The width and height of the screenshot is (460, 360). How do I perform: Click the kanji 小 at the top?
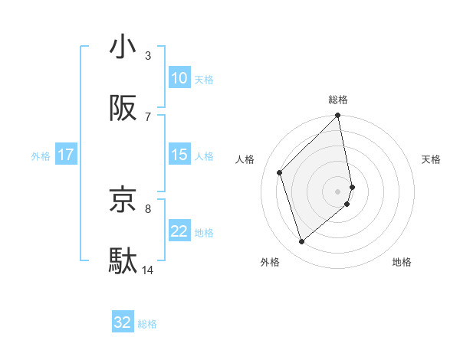[x=123, y=47]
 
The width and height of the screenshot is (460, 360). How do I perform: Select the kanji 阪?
[x=123, y=110]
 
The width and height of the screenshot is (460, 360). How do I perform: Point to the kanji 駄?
[x=123, y=261]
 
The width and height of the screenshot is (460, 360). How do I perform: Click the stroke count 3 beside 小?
[x=147, y=56]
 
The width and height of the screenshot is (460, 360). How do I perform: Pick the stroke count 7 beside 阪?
[x=147, y=116]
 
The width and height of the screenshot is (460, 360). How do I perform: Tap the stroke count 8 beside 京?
[x=147, y=208]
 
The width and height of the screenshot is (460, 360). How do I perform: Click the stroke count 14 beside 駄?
[x=148, y=270]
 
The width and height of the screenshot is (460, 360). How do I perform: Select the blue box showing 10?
[x=179, y=78]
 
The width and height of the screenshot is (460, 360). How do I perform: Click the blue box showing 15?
[x=179, y=155]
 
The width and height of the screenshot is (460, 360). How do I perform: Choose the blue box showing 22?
[x=179, y=231]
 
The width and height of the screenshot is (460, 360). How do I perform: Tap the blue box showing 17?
[x=66, y=155]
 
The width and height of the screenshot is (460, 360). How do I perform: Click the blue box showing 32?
[x=123, y=322]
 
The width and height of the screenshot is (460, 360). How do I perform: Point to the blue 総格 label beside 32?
[x=147, y=324]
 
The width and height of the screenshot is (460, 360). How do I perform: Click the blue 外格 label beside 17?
[x=41, y=155]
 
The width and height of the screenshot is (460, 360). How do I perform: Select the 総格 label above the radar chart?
[x=338, y=100]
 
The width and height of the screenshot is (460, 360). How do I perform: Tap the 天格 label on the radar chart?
[x=431, y=159]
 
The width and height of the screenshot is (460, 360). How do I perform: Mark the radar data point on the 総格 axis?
[x=338, y=116]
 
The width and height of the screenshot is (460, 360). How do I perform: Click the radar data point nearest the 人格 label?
[x=280, y=172]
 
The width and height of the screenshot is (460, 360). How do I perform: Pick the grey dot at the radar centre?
[x=338, y=191]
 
